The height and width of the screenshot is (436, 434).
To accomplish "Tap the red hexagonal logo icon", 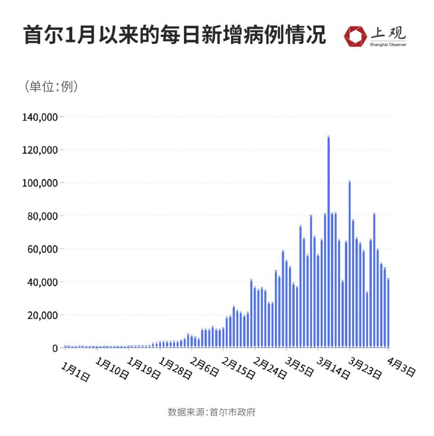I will pyautogui.click(x=355, y=35).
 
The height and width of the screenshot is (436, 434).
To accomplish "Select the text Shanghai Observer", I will pyautogui.click(x=388, y=44).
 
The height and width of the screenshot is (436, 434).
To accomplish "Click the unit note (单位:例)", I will pyautogui.click(x=51, y=86).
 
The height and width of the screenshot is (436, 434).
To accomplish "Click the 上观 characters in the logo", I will pyautogui.click(x=387, y=33).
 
